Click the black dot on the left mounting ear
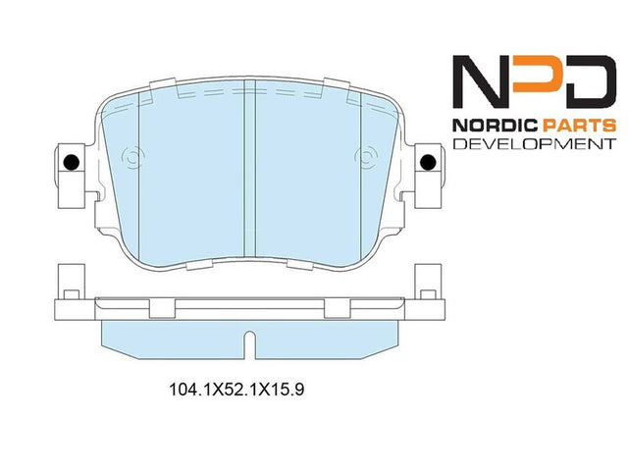pyautogui.click(x=72, y=162)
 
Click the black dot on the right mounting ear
pyautogui.click(x=428, y=162)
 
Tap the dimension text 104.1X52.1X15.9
pyautogui.click(x=236, y=390)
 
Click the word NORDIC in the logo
pyautogui.click(x=496, y=126)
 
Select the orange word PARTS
pyautogui.click(x=579, y=126)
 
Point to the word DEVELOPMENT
pyautogui.click(x=534, y=144)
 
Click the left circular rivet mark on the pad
pyautogui.click(x=133, y=157)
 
